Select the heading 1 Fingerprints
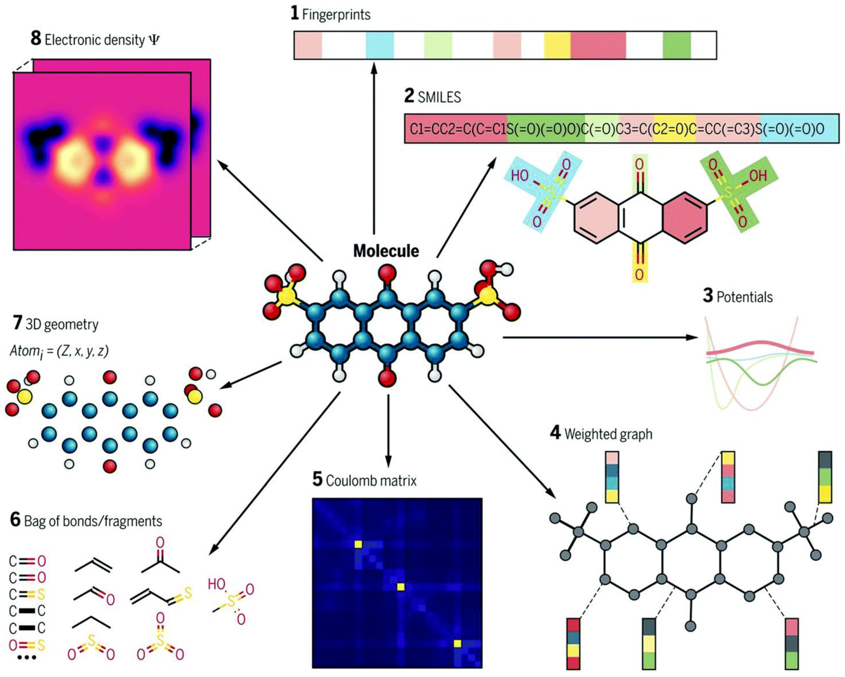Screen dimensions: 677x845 (330, 14)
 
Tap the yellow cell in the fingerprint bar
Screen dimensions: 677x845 (557, 45)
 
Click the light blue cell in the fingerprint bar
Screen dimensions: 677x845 (379, 45)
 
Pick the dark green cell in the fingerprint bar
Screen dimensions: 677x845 (676, 45)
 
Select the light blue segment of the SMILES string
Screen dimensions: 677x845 (800, 129)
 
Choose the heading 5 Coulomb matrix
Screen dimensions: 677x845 (364, 480)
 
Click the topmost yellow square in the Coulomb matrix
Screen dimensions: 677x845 (358, 544)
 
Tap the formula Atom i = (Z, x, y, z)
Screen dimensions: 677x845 (59, 351)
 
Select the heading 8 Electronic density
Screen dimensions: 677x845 (95, 40)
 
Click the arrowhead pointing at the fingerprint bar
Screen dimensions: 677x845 (374, 67)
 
